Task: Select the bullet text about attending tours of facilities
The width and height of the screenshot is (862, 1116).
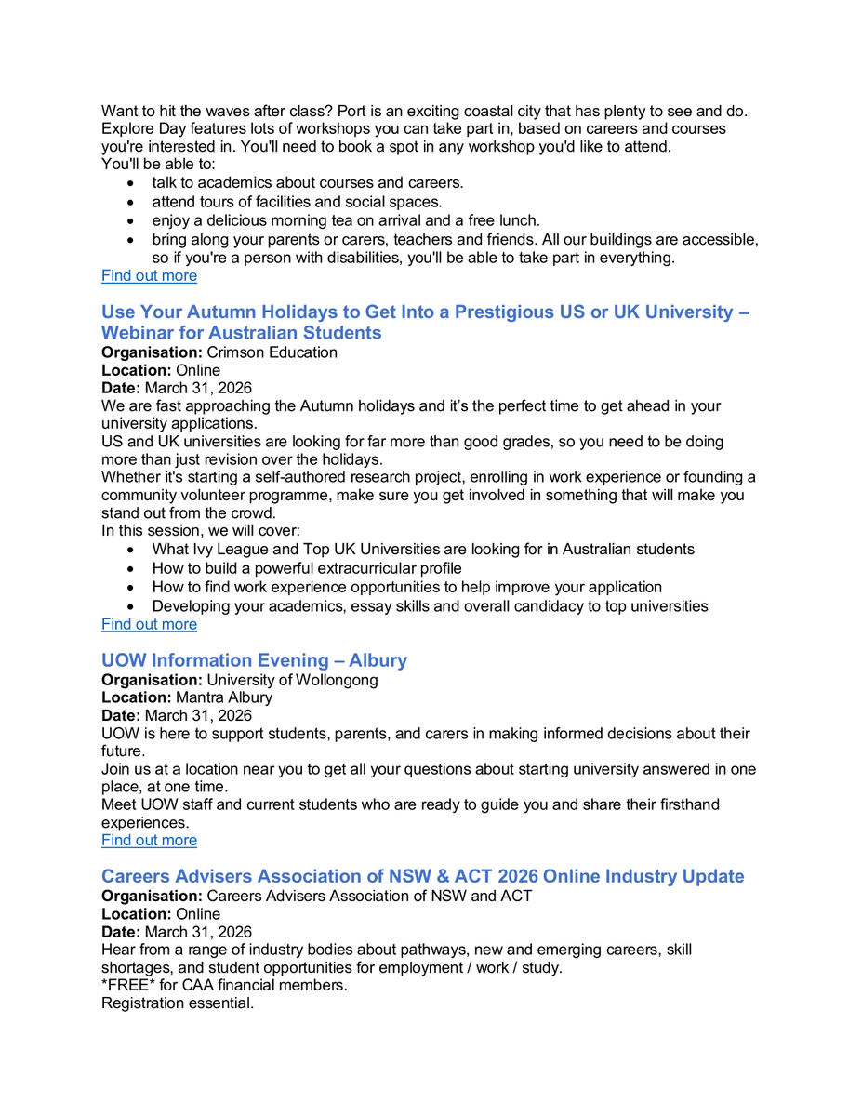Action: click(x=297, y=202)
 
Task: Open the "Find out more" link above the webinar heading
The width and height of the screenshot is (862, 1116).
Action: click(x=149, y=275)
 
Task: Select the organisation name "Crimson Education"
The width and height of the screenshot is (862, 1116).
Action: click(x=272, y=353)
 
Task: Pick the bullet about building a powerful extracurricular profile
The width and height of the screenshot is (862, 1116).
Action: click(x=307, y=568)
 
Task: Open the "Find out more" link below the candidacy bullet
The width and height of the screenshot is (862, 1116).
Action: click(x=149, y=624)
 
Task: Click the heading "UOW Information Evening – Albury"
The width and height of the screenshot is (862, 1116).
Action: click(x=254, y=660)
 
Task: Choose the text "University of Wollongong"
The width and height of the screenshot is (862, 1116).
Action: click(x=292, y=680)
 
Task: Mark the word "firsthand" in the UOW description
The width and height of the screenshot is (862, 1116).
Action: click(x=683, y=804)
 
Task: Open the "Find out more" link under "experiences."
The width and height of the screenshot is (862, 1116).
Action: click(x=149, y=840)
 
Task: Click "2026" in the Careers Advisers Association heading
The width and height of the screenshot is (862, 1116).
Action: click(x=518, y=876)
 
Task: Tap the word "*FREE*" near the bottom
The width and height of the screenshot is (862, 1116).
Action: click(x=127, y=986)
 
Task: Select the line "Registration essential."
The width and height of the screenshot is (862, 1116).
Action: click(x=177, y=1004)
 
